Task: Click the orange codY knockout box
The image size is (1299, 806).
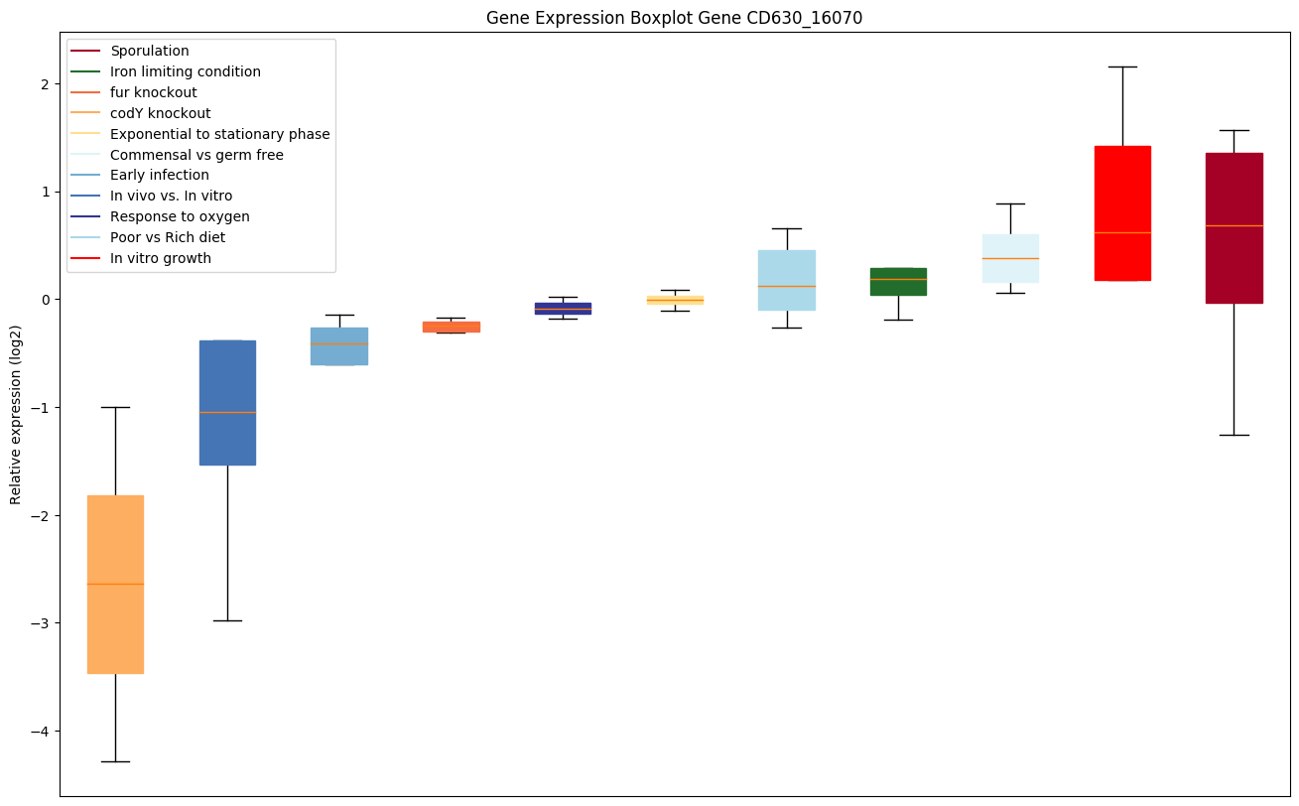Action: click(x=115, y=584)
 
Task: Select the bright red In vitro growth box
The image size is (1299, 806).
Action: click(x=1122, y=213)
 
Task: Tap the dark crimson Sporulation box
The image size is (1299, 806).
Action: click(x=1234, y=227)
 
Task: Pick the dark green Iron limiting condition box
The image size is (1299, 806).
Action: click(x=898, y=281)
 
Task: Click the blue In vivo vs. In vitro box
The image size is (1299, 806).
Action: click(x=227, y=402)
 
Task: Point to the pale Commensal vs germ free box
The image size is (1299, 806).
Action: click(x=1010, y=258)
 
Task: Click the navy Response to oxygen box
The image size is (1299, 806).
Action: click(x=563, y=308)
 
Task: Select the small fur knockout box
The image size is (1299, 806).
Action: click(x=452, y=327)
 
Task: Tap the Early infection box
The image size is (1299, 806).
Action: click(x=339, y=345)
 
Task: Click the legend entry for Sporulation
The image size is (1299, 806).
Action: click(x=150, y=51)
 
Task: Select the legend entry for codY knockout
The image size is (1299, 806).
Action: click(x=160, y=113)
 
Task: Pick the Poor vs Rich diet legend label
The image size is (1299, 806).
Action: click(x=168, y=237)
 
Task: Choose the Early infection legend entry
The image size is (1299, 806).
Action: click(x=160, y=176)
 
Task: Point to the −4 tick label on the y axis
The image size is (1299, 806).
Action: click(x=40, y=732)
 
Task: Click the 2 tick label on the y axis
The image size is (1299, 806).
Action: click(x=45, y=83)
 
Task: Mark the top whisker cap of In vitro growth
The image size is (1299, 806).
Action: click(x=1122, y=67)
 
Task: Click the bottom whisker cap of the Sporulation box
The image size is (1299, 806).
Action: click(x=1234, y=435)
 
